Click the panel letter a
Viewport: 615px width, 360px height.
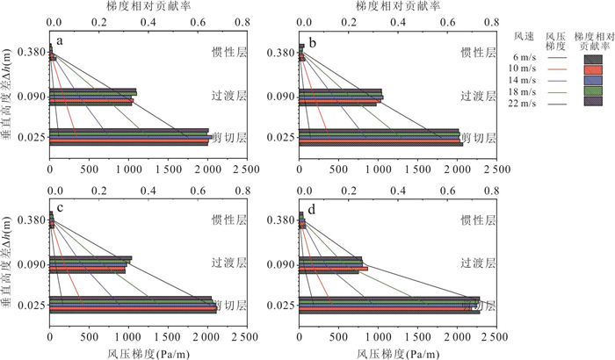point(60,41)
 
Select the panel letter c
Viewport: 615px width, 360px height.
point(60,207)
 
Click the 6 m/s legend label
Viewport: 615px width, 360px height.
point(526,58)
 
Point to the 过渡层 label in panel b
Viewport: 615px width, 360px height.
point(479,97)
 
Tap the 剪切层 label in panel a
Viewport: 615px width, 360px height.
point(229,138)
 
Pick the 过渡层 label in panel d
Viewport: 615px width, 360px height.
point(479,263)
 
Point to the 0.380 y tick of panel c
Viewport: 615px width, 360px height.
point(29,219)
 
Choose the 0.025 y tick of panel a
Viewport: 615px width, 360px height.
point(29,138)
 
